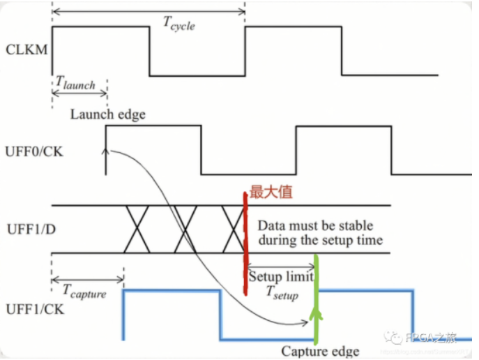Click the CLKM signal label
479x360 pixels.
(x=26, y=50)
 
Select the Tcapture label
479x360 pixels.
(x=84, y=293)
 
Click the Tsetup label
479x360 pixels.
(x=282, y=292)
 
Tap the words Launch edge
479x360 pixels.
(x=107, y=114)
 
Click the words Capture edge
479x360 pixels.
(x=320, y=351)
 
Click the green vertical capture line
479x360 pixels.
(x=317, y=300)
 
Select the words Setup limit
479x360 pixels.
(x=281, y=276)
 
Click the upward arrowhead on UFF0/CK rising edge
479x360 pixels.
(x=106, y=150)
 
